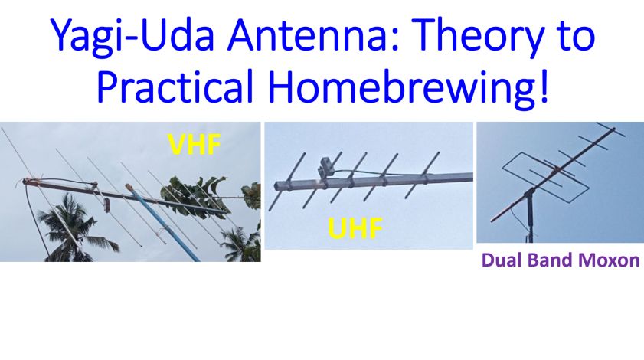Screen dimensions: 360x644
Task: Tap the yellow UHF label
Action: click(355, 227)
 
